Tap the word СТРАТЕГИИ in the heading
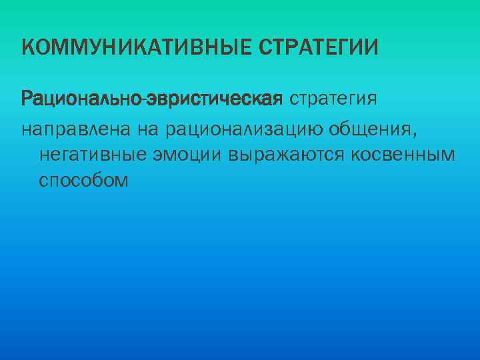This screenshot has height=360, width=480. click(318, 48)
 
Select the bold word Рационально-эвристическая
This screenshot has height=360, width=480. click(153, 99)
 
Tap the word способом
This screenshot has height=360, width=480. click(83, 181)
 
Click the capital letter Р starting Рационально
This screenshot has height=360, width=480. click(27, 99)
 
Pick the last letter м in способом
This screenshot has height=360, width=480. click(121, 181)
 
